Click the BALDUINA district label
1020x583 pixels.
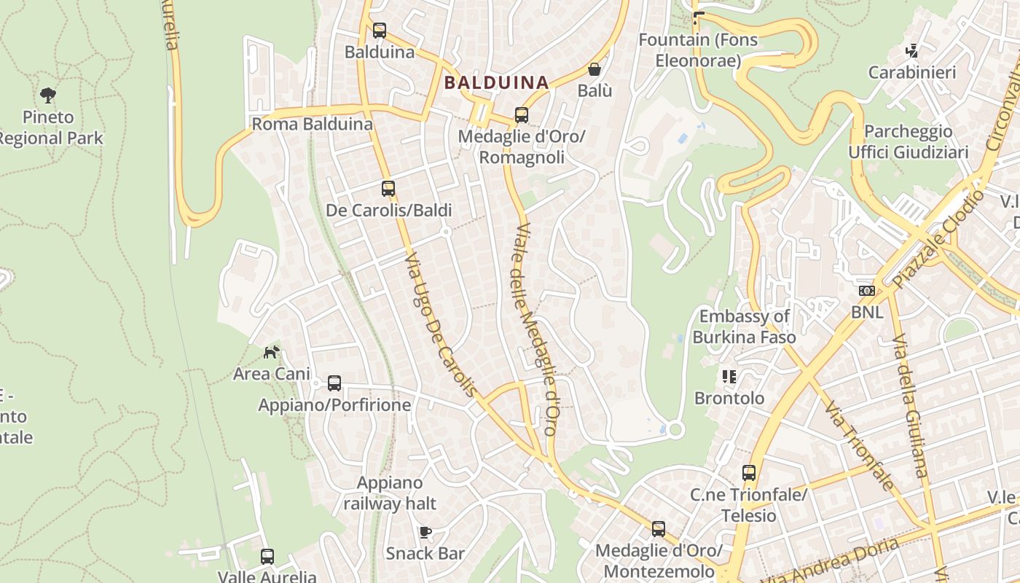click(x=496, y=82)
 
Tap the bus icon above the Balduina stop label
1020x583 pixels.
click(x=380, y=31)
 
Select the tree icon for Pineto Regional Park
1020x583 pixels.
click(x=49, y=95)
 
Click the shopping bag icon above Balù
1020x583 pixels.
click(x=595, y=69)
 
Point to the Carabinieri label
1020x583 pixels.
click(x=911, y=72)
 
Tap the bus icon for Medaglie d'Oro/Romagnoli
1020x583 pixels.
click(x=522, y=114)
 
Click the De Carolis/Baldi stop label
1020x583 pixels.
click(x=388, y=211)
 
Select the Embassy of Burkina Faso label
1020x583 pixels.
click(x=744, y=326)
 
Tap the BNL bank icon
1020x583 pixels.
click(x=866, y=291)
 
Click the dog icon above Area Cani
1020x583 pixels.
click(x=272, y=353)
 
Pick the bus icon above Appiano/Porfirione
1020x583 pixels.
click(x=334, y=383)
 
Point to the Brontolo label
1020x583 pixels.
click(x=729, y=398)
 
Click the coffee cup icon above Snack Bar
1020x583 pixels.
click(x=425, y=533)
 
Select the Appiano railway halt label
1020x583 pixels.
click(x=390, y=493)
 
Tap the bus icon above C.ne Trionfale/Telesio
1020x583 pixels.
click(x=749, y=473)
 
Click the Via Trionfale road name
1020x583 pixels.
click(x=860, y=445)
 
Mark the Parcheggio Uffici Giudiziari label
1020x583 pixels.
click(x=908, y=141)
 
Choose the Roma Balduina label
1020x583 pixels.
click(x=312, y=124)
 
